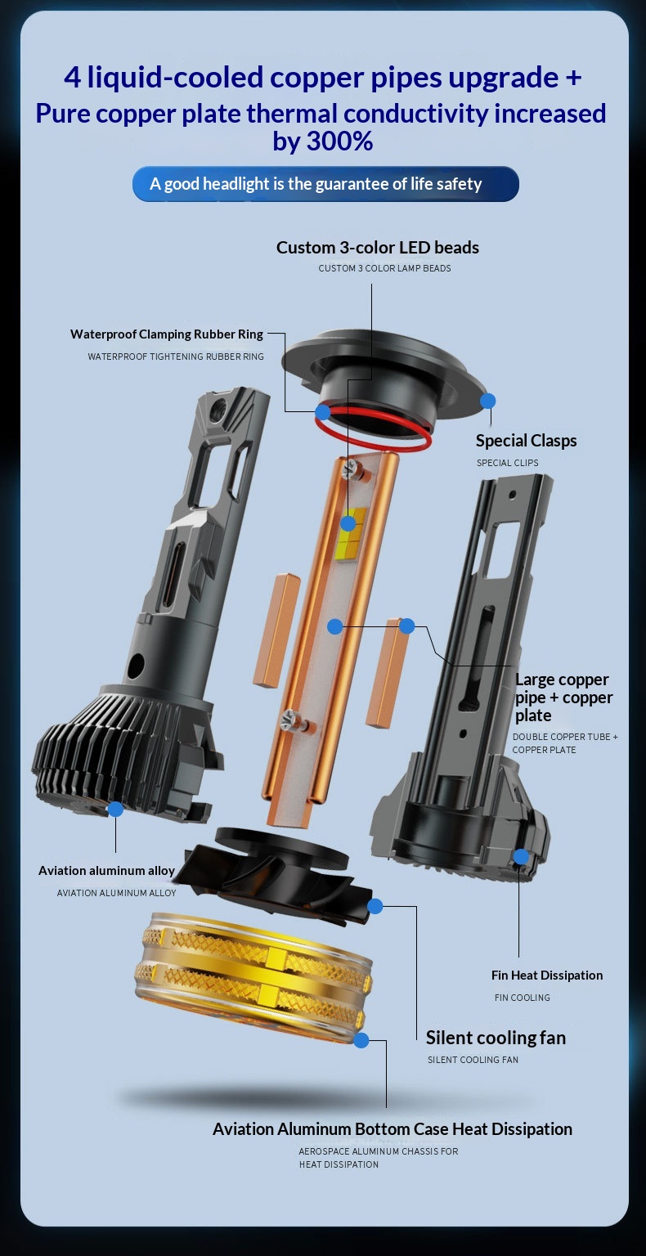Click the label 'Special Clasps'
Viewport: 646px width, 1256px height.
[526, 441]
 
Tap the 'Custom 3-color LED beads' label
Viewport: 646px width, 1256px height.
[378, 247]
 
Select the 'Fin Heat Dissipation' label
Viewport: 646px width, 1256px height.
[547, 975]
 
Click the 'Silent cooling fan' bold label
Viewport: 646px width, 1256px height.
[496, 1038]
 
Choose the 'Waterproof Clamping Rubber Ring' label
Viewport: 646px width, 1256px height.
[167, 334]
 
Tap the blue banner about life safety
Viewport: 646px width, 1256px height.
[325, 184]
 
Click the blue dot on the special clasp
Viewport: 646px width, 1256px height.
[488, 401]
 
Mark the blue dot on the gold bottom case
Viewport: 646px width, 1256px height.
[361, 1040]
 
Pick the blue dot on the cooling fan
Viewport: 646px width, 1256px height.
[375, 905]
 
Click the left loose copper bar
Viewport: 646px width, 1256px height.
[276, 630]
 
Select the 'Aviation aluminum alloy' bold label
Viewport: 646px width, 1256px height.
[106, 870]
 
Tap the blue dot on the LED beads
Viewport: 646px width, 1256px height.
[348, 523]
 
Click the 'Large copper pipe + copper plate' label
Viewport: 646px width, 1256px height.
[563, 697]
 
